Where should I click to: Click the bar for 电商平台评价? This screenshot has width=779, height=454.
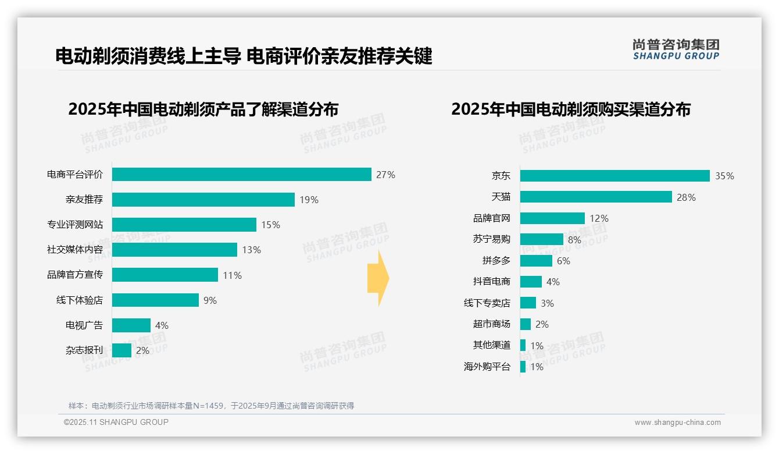pos(241,175)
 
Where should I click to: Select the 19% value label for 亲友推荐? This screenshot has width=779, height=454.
pos(309,200)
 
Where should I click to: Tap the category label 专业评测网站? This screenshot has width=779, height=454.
pos(75,225)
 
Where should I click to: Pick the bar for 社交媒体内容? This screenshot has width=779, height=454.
pos(174,250)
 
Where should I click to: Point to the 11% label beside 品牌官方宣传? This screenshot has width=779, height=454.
pos(232,275)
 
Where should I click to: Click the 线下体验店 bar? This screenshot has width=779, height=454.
pos(155,300)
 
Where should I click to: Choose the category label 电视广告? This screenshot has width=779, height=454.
pos(84,325)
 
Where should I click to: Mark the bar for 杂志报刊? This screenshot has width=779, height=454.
pos(122,350)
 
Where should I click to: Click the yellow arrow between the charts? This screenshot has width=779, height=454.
pos(378,279)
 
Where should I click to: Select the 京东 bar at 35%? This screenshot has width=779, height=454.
pos(614,176)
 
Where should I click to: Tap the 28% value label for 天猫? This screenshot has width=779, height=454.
pos(686,197)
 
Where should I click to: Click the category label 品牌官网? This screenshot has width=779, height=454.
pos(492,218)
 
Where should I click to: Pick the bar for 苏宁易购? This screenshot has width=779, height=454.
pos(541,239)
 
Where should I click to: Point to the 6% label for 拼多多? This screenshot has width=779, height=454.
pos(563,261)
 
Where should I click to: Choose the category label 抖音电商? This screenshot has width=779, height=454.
pos(492,282)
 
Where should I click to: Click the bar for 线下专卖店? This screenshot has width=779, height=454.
pos(528,303)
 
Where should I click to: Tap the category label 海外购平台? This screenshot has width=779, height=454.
pos(487,367)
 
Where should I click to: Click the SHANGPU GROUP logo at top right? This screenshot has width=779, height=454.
pos(676,49)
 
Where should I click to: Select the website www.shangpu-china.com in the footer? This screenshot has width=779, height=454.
pos(677,423)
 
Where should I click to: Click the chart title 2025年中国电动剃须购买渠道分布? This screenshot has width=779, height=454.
pos(570,109)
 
